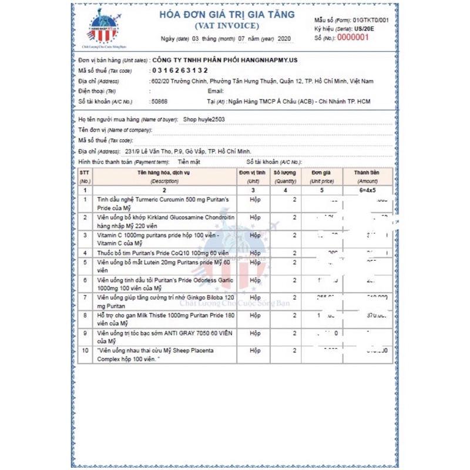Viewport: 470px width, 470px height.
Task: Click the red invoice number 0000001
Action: tap(352, 37)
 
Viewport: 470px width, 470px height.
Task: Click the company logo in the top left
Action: tap(103, 28)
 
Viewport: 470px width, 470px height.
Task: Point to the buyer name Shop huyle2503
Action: tap(204, 119)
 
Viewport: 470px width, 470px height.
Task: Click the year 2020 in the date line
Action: tap(284, 39)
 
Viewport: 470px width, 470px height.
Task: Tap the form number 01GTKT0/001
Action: tap(371, 20)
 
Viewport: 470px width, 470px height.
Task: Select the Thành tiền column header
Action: tap(367, 177)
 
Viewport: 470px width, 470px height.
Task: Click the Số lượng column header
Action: tap(286, 177)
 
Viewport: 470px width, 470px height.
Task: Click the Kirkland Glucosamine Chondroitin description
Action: tap(164, 221)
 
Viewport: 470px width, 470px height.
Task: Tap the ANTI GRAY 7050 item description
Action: tap(163, 337)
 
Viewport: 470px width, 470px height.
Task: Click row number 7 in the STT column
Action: tap(85, 298)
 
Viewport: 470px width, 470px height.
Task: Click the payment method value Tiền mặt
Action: tap(189, 162)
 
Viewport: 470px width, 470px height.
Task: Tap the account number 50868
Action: tap(159, 101)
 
